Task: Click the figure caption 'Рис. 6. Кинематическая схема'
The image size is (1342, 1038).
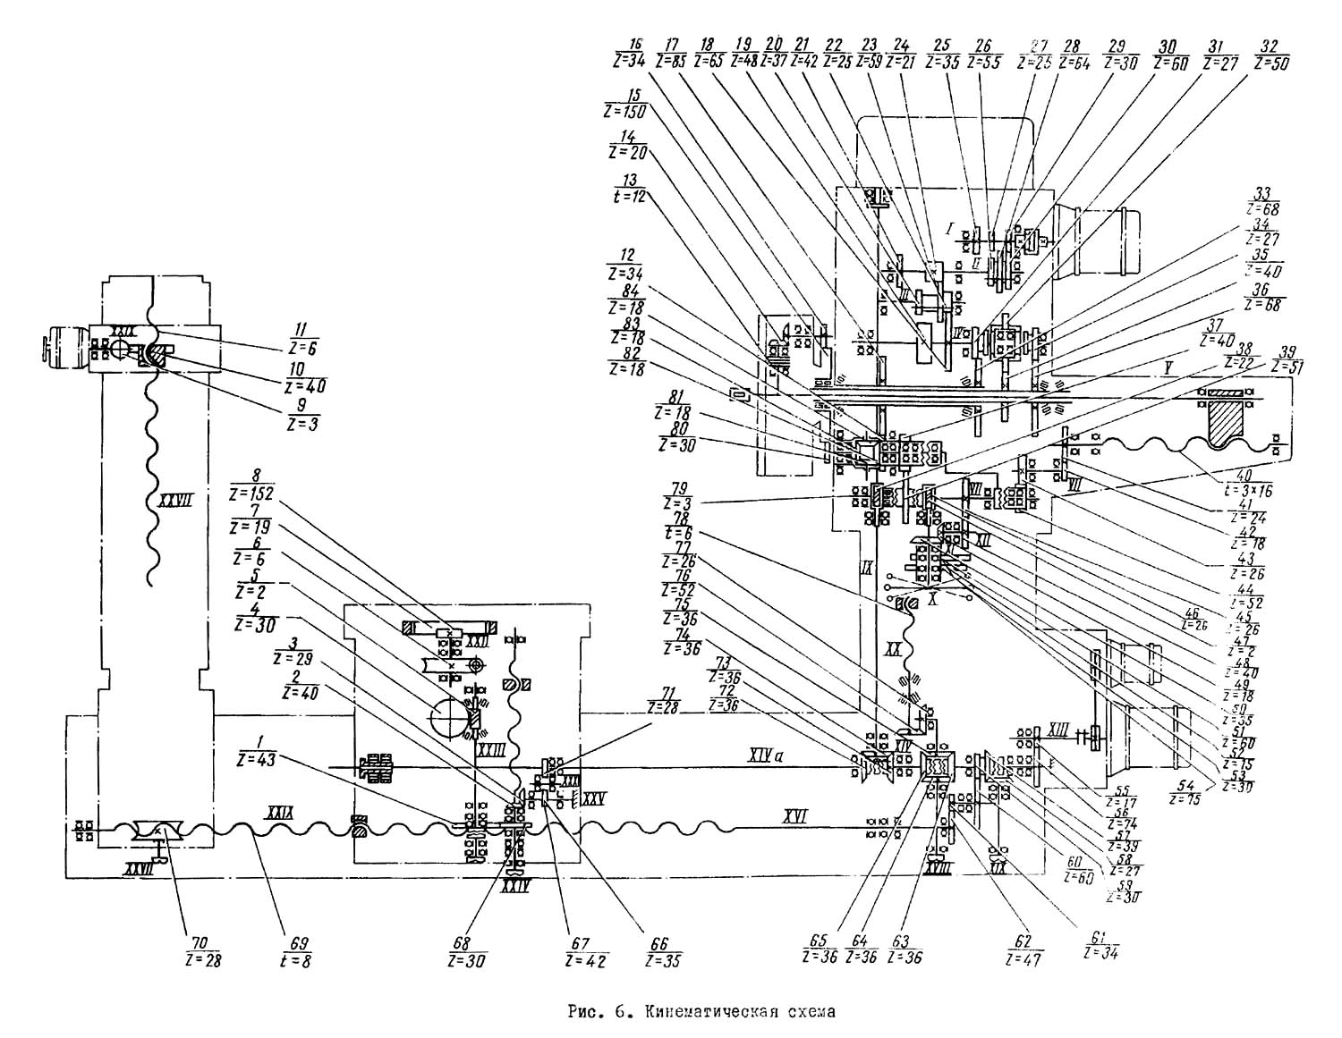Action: click(x=702, y=1013)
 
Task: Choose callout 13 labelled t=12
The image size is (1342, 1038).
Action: click(x=629, y=188)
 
